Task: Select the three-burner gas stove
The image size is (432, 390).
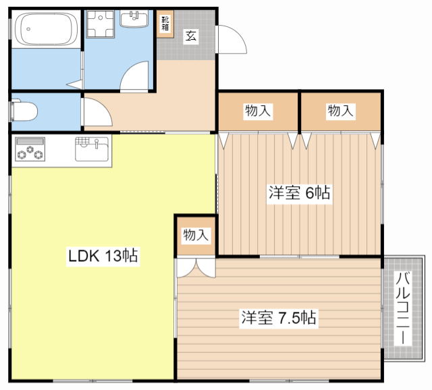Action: point(29,150)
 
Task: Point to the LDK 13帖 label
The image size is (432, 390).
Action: point(103,256)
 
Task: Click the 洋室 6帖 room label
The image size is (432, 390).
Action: point(298,192)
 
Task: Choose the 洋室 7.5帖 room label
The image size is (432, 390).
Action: point(278,317)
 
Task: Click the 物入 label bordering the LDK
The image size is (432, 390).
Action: point(196,235)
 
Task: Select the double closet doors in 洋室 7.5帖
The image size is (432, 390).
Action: point(196,268)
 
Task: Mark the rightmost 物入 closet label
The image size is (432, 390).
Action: point(341,111)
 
